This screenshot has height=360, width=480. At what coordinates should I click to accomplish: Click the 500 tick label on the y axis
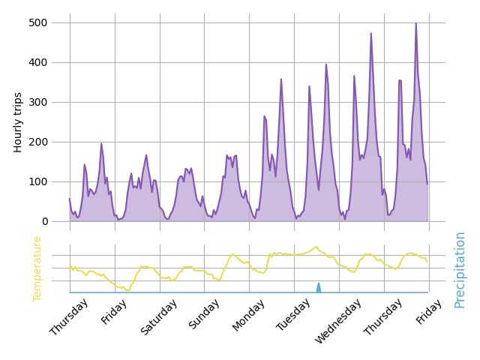pyautogui.click(x=38, y=22)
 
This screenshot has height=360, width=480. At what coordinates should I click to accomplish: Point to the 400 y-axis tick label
pyautogui.click(x=38, y=62)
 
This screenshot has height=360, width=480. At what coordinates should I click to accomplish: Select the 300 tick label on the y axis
pyautogui.click(x=38, y=102)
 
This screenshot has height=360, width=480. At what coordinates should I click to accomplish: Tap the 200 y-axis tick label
pyautogui.click(x=38, y=142)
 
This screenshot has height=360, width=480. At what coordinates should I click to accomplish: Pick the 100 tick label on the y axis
pyautogui.click(x=38, y=181)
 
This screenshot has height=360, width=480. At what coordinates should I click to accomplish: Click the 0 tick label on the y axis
pyautogui.click(x=44, y=221)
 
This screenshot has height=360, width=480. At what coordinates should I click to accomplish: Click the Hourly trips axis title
pyautogui.click(x=19, y=121)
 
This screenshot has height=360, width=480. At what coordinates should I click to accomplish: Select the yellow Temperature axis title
pyautogui.click(x=37, y=268)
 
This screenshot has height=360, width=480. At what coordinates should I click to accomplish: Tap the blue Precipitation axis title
pyautogui.click(x=460, y=269)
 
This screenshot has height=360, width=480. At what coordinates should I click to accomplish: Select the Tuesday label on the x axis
pyautogui.click(x=295, y=315)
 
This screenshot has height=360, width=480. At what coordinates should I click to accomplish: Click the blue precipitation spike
pyautogui.click(x=318, y=286)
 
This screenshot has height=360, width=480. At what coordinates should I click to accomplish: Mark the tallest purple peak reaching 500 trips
pyautogui.click(x=416, y=23)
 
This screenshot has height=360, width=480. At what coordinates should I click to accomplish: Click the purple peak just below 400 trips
pyautogui.click(x=325, y=64)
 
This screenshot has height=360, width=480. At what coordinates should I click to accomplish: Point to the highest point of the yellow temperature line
pyautogui.click(x=316, y=247)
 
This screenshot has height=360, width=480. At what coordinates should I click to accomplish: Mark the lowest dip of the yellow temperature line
pyautogui.click(x=128, y=290)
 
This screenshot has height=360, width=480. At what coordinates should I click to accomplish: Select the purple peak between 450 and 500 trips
pyautogui.click(x=370, y=34)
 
